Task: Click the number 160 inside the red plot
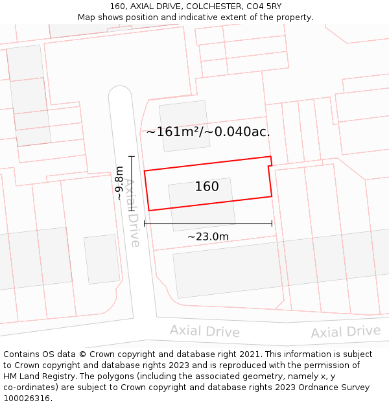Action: (x=207, y=187)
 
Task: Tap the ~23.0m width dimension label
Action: (x=208, y=237)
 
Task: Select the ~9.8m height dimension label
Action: (x=119, y=183)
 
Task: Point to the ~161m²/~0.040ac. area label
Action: (x=208, y=132)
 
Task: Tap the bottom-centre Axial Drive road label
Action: (x=205, y=331)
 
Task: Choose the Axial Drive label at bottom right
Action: (x=345, y=332)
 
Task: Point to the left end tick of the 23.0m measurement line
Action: (x=144, y=224)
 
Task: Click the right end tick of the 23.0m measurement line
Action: (x=272, y=224)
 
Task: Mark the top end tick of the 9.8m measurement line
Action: (x=132, y=156)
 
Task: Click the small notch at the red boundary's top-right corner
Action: (x=270, y=162)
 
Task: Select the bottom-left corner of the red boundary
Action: (x=150, y=210)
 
